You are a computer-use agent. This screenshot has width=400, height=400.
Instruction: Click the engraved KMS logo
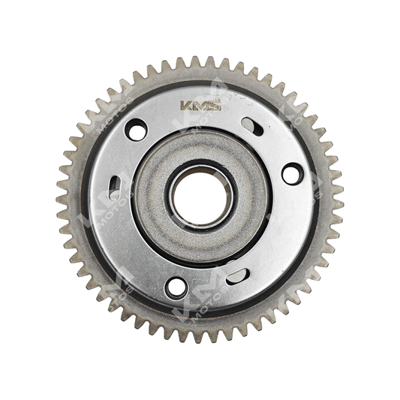pos(200,106)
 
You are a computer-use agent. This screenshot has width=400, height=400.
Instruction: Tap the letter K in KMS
pos(187,106)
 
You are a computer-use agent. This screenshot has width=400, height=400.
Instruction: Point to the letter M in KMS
pos(200,106)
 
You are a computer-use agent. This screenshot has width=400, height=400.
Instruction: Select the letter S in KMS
pos(215,106)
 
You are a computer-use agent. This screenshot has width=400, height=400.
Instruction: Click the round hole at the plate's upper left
pos(137,131)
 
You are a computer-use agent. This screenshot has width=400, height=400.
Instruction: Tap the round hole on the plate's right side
pos(292,173)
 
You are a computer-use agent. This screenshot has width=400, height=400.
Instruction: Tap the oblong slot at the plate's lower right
pos(238,275)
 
